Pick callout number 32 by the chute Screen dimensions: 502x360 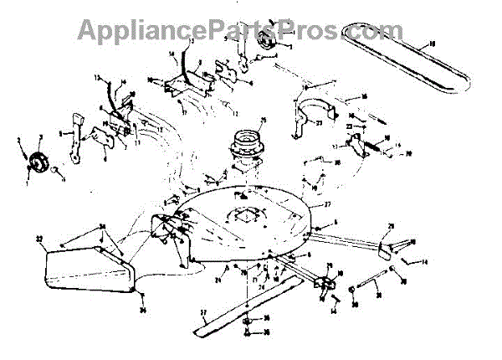point(38,239)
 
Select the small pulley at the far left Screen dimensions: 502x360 point(38,160)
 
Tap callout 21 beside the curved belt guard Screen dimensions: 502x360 point(320,122)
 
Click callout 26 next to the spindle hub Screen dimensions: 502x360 point(263,121)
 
